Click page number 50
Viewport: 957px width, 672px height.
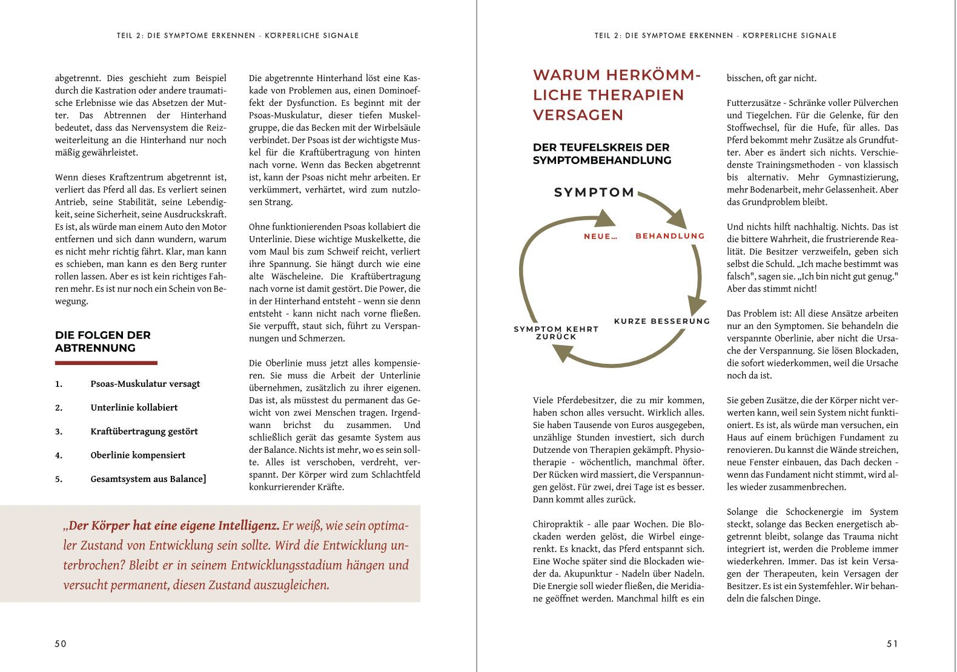click(x=61, y=644)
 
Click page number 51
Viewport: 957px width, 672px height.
click(x=892, y=644)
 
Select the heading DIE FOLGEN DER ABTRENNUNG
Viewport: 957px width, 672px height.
click(x=103, y=341)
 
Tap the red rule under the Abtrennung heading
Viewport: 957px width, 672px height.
click(x=106, y=363)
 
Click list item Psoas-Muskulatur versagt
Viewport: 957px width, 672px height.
click(x=145, y=384)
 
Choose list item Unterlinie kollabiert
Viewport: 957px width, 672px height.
click(x=134, y=407)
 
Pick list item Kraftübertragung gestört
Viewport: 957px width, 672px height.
click(x=144, y=431)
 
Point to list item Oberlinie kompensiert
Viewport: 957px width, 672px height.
click(x=138, y=455)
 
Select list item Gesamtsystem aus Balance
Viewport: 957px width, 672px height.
click(x=148, y=479)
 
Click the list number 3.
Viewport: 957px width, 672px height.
click(x=59, y=432)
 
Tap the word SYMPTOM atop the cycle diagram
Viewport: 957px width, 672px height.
click(x=594, y=193)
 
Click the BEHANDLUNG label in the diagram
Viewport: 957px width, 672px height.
click(x=670, y=236)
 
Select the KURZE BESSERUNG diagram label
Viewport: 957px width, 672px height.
click(x=662, y=321)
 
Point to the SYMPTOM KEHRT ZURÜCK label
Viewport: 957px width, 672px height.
click(x=556, y=333)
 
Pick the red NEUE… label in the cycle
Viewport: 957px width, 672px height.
click(x=600, y=237)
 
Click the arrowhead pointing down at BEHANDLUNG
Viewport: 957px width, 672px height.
click(x=678, y=219)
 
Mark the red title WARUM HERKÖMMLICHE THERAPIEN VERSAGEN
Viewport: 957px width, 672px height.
click(x=617, y=95)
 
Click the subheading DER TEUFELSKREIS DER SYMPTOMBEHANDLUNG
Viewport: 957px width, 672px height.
click(x=602, y=154)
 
